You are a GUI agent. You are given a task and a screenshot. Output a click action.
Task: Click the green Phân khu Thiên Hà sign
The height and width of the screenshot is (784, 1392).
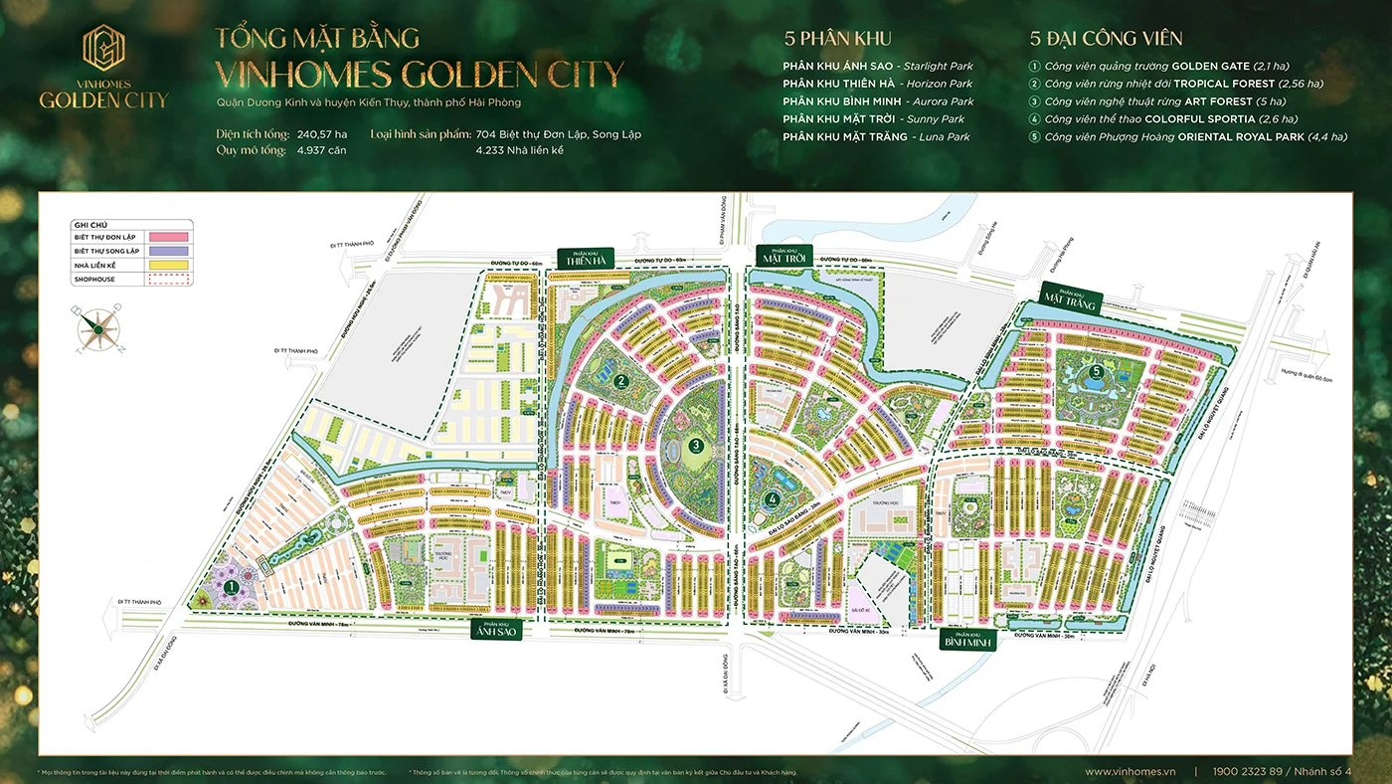point(586,257)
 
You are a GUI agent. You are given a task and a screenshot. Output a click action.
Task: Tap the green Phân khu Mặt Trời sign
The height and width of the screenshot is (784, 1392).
point(784,256)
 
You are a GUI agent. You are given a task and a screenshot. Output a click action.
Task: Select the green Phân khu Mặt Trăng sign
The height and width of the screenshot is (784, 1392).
point(1070,297)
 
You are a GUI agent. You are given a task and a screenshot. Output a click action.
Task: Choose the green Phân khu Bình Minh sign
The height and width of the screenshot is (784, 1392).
point(968,639)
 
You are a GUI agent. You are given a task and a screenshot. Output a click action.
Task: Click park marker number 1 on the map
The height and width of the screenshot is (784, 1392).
point(230,587)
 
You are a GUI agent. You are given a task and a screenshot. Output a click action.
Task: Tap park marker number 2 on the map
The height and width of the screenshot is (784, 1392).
point(619,379)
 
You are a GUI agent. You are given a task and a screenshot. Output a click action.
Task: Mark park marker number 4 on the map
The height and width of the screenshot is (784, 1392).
point(773,499)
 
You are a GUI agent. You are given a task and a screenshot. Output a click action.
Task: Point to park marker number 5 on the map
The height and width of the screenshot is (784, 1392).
point(1096,372)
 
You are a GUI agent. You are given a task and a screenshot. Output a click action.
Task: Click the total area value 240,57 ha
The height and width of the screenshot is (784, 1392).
point(322,133)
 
